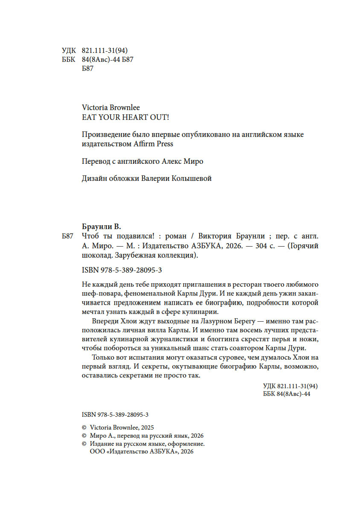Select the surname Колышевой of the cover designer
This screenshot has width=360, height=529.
tap(194, 179)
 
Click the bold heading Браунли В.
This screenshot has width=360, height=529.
tap(102, 226)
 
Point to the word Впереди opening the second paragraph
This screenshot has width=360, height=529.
tap(104, 322)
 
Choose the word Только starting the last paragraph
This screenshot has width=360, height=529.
tap(103, 358)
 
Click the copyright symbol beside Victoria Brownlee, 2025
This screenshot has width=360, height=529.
tap(84, 427)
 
